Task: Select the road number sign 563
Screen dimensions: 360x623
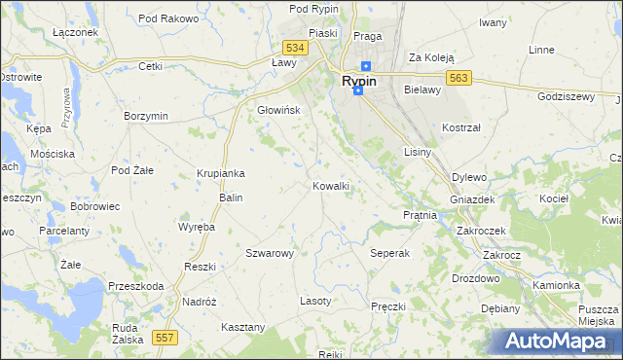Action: (x=460, y=79)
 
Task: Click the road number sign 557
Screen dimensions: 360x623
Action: (x=164, y=337)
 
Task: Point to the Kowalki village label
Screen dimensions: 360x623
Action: (x=331, y=185)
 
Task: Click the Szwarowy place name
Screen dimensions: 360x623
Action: (x=270, y=253)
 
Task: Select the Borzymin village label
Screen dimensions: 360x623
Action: (x=146, y=116)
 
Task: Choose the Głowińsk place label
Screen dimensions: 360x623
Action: (x=278, y=110)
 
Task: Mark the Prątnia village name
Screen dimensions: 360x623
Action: (x=420, y=214)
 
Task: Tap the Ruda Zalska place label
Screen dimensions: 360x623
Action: (x=126, y=335)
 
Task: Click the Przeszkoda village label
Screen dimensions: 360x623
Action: (x=136, y=286)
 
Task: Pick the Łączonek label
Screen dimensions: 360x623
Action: (x=75, y=32)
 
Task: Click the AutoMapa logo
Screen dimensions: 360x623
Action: (x=556, y=342)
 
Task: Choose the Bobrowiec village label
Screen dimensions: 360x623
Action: (x=94, y=207)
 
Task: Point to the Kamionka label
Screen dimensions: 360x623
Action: (x=556, y=286)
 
